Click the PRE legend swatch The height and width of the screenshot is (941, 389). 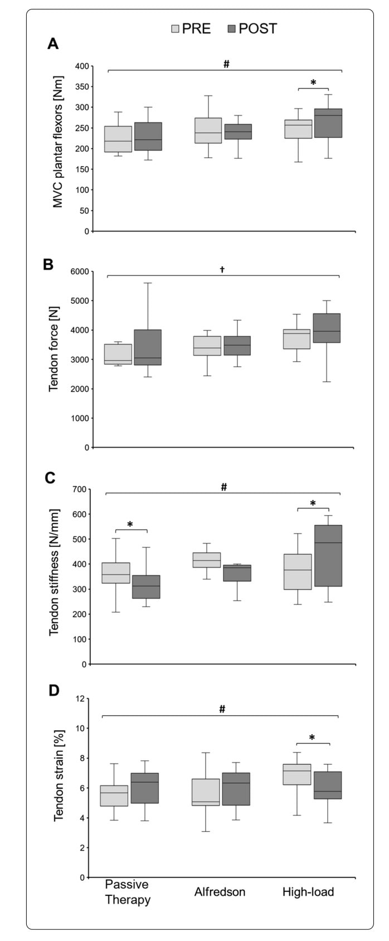tap(175, 29)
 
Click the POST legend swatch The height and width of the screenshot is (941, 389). tap(231, 29)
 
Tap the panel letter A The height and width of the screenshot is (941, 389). tap(52, 45)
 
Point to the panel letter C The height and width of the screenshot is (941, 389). tap(50, 478)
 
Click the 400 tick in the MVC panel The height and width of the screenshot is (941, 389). tap(82, 66)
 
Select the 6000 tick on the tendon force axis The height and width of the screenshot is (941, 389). tap(79, 271)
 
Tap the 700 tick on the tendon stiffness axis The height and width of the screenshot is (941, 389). tap(80, 489)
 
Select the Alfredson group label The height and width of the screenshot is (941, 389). tap(220, 892)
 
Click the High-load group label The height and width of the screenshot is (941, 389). tap(308, 892)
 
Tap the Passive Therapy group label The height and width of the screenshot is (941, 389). tap(128, 893)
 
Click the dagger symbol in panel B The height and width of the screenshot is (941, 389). tap(222, 270)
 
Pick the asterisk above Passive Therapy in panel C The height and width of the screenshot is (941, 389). tap(130, 525)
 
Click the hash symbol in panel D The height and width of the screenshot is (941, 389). tap(222, 709)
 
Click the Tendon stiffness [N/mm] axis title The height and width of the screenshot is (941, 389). tap(54, 572)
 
